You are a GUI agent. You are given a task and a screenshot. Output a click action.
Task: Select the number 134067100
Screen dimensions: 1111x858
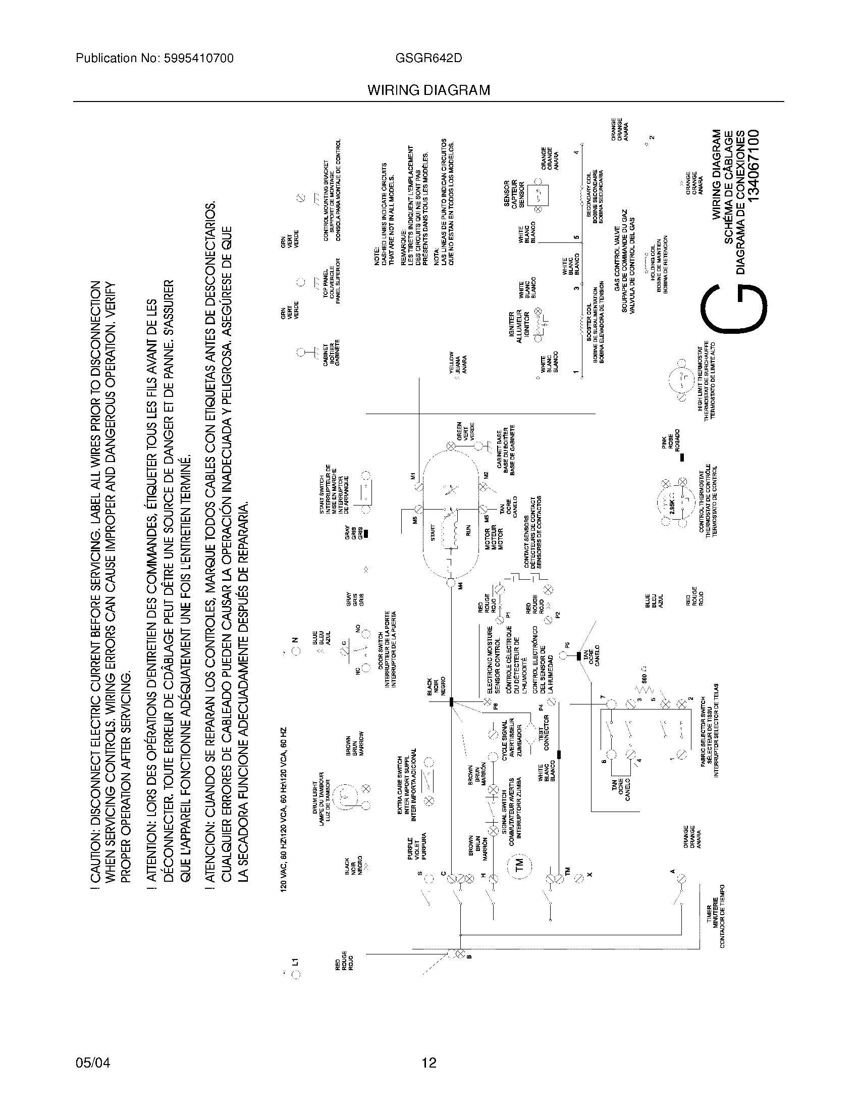pos(754,165)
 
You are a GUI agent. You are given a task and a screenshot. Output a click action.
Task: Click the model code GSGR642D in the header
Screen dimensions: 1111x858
pos(428,58)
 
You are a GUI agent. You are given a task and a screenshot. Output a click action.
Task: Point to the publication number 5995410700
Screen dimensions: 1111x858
pos(199,58)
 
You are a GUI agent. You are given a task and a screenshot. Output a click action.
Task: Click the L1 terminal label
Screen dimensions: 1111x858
pos(295,962)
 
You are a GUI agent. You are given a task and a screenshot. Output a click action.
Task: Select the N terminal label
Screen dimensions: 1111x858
pos(295,640)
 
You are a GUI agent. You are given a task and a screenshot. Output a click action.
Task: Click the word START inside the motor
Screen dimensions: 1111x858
pos(433,532)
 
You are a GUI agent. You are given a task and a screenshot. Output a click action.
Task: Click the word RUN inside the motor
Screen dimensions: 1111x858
pos(469,531)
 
